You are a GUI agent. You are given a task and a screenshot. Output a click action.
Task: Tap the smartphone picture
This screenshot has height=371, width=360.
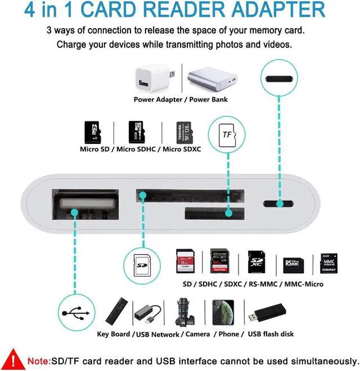coord(223,313)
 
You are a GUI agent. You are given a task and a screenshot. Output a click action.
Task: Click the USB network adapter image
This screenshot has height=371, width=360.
coord(148,313)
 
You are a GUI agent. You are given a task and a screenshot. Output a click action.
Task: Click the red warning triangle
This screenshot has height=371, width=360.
coord(12,359)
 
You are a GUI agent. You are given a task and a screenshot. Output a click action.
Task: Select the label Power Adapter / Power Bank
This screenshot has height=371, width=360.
coord(173,99)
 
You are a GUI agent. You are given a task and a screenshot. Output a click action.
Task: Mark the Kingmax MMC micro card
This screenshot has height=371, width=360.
coord(328,262)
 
